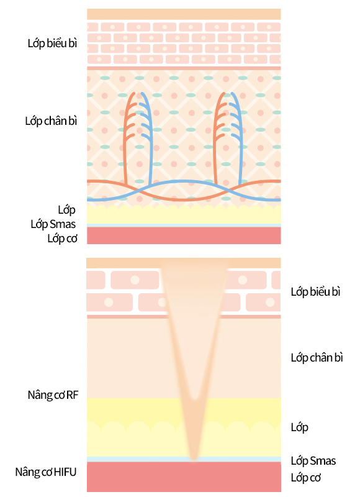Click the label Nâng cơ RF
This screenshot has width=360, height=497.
click(53, 395)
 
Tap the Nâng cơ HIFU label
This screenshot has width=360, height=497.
click(46, 472)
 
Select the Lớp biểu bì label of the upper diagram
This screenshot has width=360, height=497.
click(52, 43)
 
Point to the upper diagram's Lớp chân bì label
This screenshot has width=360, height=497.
click(51, 121)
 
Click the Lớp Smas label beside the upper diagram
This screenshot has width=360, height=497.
click(53, 224)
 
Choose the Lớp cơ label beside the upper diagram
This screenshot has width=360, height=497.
click(62, 239)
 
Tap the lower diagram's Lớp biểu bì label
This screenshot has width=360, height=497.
click(315, 291)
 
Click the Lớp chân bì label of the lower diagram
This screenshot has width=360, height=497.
click(317, 358)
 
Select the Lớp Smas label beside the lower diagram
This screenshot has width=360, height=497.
click(313, 460)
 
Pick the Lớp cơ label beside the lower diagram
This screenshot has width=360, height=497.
click(306, 477)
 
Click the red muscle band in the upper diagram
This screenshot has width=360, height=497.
click(184, 235)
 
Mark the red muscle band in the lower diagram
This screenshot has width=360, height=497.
click(184, 476)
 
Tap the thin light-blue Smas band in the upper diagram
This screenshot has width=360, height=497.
click(184, 226)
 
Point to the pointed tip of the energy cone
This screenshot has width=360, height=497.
click(194, 458)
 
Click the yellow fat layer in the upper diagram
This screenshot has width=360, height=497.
click(184, 215)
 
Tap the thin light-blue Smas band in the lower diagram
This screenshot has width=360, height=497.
click(184, 459)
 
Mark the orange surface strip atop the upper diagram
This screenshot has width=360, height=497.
click(184, 14)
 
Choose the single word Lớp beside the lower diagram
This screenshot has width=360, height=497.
click(300, 427)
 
